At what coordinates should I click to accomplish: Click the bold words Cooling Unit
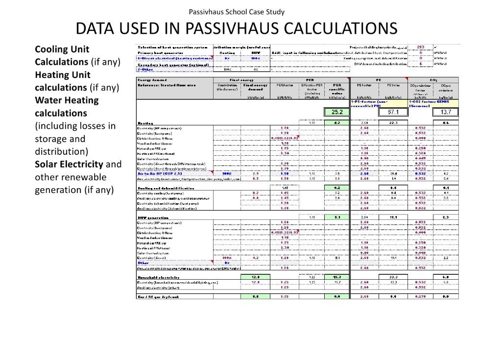[62, 49]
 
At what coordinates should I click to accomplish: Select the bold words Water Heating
[67, 100]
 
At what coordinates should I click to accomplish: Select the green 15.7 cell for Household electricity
[336, 277]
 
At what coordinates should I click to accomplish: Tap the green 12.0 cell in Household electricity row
[255, 277]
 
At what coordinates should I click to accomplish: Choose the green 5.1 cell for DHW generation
[336, 217]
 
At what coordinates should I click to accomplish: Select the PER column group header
[310, 79]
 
